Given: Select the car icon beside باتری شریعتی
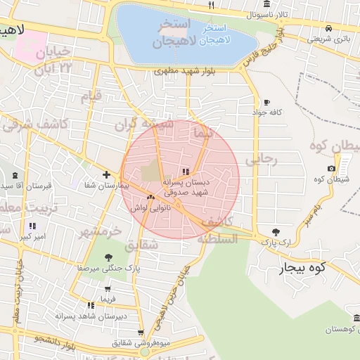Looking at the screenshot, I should coord(328,28).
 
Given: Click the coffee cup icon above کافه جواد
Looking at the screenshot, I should coord(266,102).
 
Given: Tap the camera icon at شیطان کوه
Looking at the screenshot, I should coord(331,168).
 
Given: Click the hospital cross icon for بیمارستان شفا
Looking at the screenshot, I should coord(105,174).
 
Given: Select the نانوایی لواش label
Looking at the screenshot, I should coord(150,208).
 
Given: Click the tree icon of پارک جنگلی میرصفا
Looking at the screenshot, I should coord(108,258).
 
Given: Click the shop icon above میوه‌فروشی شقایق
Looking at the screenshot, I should coord(141,333).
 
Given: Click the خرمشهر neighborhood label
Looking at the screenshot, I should coord(100,231).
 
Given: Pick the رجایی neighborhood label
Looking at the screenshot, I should coord(262,160).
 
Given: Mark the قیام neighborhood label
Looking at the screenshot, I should coord(91,96).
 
